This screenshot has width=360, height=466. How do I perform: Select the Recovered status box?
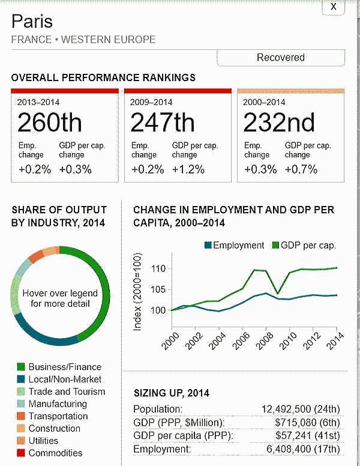281,58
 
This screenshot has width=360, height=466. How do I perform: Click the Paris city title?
32,22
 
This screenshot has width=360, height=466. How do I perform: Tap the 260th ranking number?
49,123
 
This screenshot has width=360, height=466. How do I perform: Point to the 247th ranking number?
162,123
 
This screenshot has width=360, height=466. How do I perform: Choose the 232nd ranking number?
279,123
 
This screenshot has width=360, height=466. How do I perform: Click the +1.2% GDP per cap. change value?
188,169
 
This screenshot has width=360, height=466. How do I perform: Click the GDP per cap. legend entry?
304,245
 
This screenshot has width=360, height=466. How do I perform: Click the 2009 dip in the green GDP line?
277,293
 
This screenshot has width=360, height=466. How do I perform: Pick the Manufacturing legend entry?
58,404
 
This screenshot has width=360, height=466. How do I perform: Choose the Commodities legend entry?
55,453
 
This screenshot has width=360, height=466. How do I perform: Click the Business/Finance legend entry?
65,367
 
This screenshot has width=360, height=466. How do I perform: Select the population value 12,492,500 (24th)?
301,409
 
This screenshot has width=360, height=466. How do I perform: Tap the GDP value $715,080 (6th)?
307,422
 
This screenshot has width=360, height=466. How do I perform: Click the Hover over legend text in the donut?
61,298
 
